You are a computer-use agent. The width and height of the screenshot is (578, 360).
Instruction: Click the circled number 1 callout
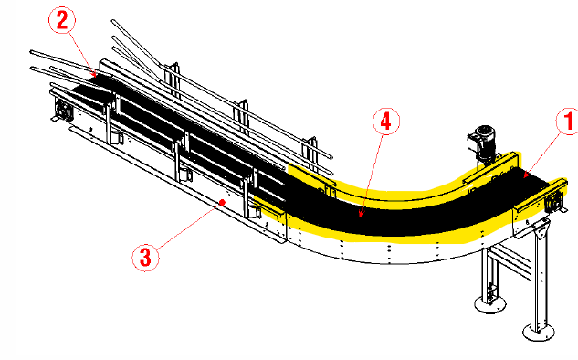tap(568, 122)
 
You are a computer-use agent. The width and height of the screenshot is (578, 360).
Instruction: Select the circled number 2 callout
tap(62, 20)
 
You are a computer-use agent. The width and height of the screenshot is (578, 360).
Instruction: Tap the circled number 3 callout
tap(145, 258)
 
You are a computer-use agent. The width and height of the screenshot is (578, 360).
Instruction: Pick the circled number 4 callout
tap(386, 122)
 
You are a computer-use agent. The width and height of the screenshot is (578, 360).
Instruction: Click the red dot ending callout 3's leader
tap(222, 202)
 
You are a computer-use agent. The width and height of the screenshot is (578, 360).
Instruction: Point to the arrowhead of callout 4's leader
tap(361, 214)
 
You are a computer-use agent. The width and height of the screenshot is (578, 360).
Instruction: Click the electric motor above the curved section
tap(482, 143)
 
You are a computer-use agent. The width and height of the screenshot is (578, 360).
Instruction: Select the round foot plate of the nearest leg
tap(539, 334)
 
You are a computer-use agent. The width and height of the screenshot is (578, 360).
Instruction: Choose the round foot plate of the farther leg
tap(489, 304)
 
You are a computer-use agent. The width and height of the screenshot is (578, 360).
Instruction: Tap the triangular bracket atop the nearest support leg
tap(541, 228)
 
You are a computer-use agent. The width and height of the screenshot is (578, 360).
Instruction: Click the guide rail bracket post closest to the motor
tap(310, 154)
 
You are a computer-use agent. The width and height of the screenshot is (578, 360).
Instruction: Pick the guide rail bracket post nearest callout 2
tap(173, 80)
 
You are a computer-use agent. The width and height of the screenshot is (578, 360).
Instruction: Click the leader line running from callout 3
tap(190, 225)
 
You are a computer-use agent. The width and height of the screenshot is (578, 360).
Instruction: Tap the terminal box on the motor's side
tap(473, 141)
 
